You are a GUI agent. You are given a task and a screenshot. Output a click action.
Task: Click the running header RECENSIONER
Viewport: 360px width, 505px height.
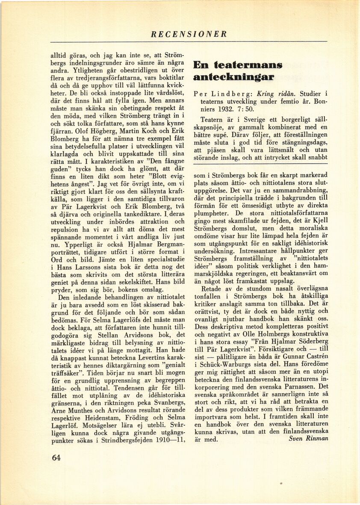pos(189,34)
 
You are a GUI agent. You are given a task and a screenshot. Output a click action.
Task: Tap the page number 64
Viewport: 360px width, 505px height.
pos(56,458)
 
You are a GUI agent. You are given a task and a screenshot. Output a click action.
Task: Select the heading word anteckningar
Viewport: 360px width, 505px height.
pos(233,77)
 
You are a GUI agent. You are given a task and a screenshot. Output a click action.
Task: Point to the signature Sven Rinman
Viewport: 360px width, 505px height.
pos(308,438)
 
